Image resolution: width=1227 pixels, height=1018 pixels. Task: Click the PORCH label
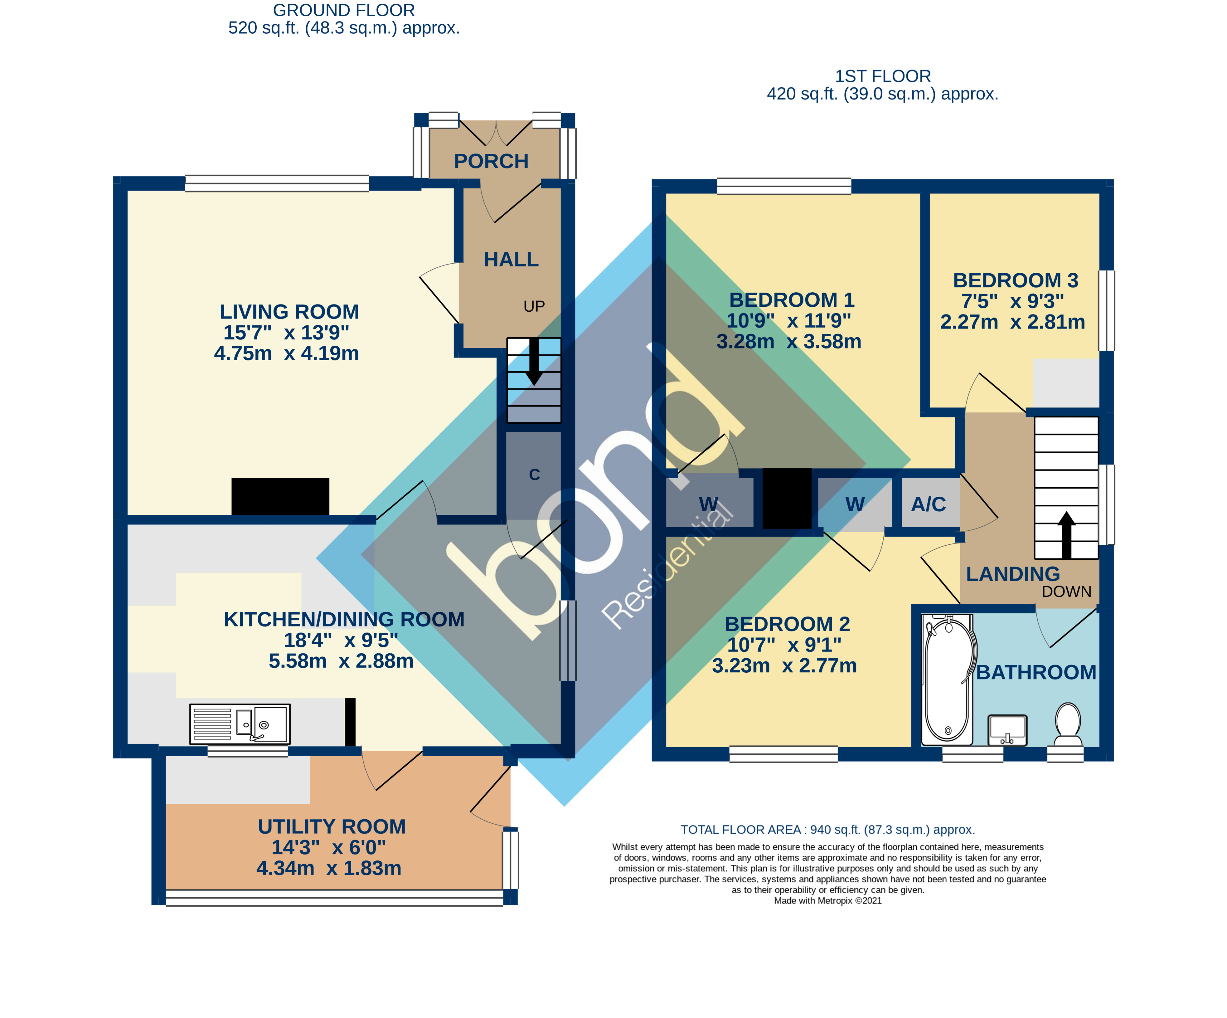[491, 161]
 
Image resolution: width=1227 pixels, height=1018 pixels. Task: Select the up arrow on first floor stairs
[1066, 535]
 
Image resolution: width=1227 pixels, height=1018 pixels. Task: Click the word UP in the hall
[534, 306]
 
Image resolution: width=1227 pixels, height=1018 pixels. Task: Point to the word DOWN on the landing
[1066, 592]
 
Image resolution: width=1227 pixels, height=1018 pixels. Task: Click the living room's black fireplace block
[280, 496]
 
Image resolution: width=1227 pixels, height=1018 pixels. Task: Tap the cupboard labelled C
[534, 475]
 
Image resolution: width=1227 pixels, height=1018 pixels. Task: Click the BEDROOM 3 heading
[1016, 280]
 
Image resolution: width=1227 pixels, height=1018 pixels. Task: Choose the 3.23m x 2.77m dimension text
[784, 666]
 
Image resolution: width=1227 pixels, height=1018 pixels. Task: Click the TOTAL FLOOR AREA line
[827, 830]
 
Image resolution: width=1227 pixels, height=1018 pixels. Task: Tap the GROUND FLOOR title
[344, 11]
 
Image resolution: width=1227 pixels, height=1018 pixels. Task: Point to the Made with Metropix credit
[827, 900]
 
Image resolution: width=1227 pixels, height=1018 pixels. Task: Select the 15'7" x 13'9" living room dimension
[286, 333]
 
